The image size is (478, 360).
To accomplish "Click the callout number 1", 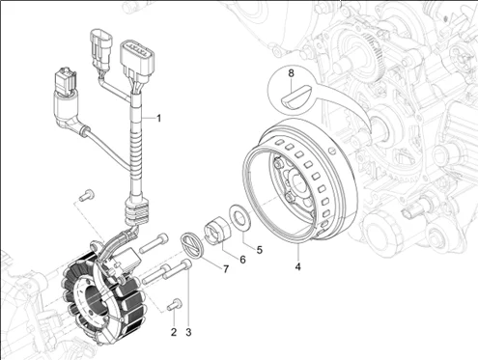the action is [x=158, y=119].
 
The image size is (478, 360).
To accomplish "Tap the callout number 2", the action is [x=174, y=332].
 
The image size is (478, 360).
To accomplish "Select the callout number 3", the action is [x=188, y=332].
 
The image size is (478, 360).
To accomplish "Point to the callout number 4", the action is [x=298, y=266].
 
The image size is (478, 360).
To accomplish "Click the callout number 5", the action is [x=260, y=250].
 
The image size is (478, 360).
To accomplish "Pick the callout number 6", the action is [x=242, y=260].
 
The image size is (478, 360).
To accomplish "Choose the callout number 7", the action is [x=226, y=269].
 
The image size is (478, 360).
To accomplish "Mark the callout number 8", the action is [x=291, y=73].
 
